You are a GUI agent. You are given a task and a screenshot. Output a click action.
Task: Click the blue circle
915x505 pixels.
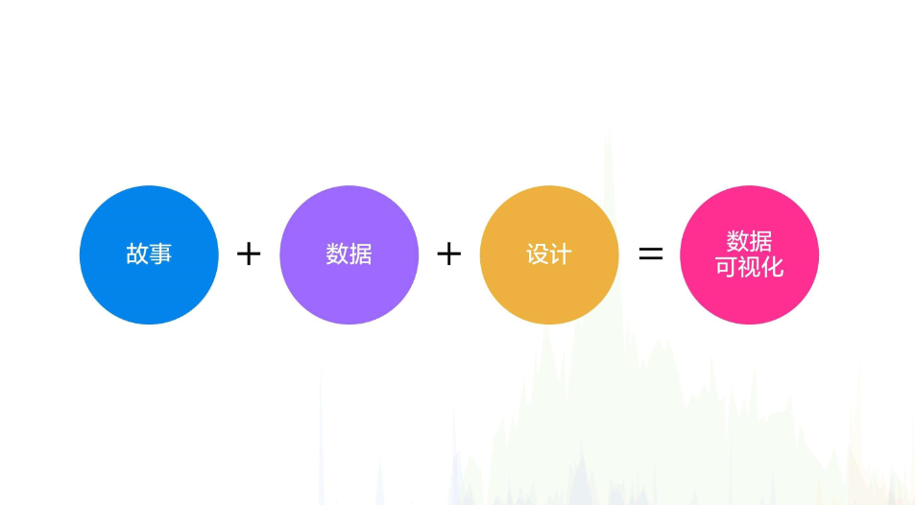[149, 255]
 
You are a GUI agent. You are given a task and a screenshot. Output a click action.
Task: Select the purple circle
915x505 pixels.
[349, 255]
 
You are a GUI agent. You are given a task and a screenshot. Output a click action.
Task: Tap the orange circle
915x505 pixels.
[549, 255]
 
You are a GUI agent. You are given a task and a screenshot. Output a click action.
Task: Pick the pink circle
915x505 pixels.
[749, 255]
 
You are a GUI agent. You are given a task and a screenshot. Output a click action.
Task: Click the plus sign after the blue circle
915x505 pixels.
[249, 254]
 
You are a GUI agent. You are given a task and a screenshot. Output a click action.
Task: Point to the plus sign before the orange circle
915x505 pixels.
[448, 254]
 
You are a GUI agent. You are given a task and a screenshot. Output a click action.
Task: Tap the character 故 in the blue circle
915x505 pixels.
[137, 254]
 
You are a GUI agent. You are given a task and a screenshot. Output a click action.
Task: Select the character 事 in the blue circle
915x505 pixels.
[160, 254]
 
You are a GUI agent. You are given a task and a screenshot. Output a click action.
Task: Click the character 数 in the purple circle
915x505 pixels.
[337, 254]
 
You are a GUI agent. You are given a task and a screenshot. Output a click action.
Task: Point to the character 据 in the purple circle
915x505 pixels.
[361, 254]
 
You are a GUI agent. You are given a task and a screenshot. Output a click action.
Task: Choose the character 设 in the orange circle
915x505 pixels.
[538, 254]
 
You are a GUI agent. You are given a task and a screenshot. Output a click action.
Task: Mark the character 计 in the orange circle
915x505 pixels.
[561, 254]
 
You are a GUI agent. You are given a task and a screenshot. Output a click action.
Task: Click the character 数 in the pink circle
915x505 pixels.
[737, 241]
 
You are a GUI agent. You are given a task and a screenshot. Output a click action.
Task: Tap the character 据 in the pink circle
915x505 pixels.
[761, 241]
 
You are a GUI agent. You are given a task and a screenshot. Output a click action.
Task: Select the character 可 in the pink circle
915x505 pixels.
[727, 268]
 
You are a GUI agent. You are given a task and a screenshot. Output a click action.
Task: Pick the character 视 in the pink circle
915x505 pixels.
[749, 268]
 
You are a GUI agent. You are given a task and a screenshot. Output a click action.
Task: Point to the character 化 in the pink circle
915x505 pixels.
[772, 268]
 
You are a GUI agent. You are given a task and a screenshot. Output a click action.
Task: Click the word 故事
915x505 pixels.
[149, 254]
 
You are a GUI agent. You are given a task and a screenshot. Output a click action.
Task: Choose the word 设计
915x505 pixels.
[549, 254]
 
